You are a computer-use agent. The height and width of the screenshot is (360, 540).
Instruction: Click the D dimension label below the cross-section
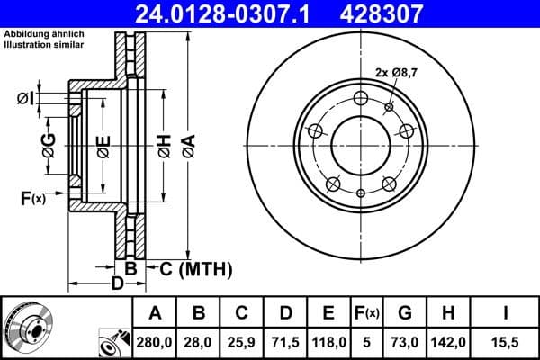(x=116, y=284)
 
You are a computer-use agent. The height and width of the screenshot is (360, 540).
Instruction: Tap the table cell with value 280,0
(x=155, y=342)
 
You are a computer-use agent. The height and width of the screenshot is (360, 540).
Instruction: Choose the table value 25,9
(x=242, y=342)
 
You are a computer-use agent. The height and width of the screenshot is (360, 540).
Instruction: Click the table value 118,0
(x=328, y=342)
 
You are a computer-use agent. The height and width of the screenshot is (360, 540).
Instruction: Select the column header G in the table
(x=405, y=313)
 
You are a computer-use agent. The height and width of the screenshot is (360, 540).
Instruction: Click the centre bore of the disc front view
(x=360, y=145)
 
